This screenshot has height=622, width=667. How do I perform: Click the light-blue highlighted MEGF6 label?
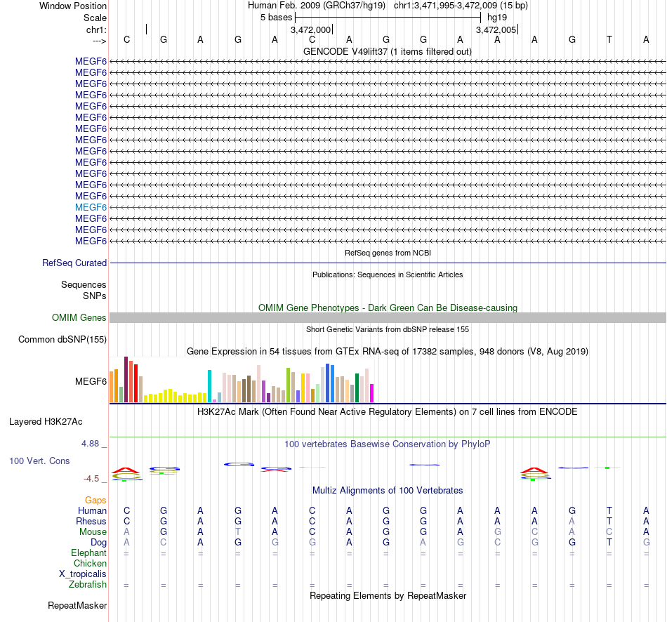pyautogui.click(x=91, y=207)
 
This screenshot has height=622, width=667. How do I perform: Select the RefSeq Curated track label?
pyautogui.click(x=74, y=263)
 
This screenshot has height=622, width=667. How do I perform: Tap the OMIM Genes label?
pyautogui.click(x=79, y=317)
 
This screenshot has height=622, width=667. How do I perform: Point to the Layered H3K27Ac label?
pyautogui.click(x=46, y=422)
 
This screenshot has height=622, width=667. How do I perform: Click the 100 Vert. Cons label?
pyautogui.click(x=39, y=461)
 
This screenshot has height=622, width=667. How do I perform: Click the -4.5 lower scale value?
pyautogui.click(x=92, y=479)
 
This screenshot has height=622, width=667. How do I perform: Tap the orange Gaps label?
pyautogui.click(x=95, y=500)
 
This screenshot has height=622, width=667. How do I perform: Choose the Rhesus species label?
pyautogui.click(x=91, y=522)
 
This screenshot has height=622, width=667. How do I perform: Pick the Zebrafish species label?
pyautogui.click(x=88, y=585)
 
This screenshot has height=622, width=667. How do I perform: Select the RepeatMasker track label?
pyautogui.click(x=77, y=605)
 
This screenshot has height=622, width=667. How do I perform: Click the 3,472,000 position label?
pyautogui.click(x=310, y=30)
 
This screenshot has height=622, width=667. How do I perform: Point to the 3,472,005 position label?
pyautogui.click(x=496, y=30)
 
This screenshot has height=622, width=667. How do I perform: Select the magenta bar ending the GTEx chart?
pyautogui.click(x=372, y=393)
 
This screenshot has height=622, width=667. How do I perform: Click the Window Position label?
pyautogui.click(x=73, y=6)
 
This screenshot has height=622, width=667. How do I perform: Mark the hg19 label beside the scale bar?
pyautogui.click(x=497, y=17)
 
